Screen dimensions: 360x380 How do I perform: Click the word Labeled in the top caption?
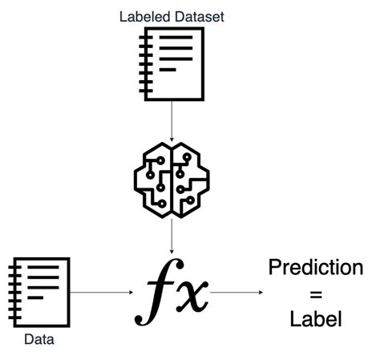[141, 15]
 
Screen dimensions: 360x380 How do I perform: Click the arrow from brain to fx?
[172, 237]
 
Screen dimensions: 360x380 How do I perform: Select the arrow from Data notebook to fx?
[99, 293]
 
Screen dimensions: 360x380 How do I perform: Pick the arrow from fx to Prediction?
[236, 293]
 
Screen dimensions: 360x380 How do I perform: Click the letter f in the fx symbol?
[156, 294]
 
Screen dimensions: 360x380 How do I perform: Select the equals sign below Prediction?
[316, 293]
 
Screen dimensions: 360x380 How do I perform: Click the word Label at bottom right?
[316, 318]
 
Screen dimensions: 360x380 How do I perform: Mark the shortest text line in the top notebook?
[167, 70]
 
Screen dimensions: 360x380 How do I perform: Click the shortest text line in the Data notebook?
[35, 298]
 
